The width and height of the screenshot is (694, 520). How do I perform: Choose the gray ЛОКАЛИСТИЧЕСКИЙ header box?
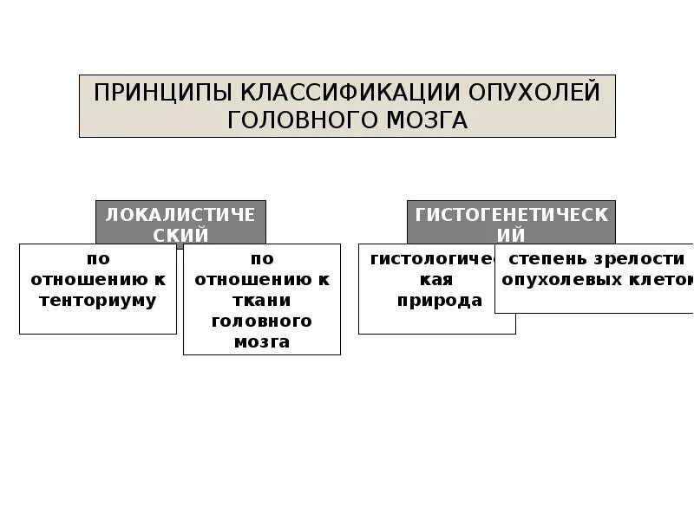pos(180,224)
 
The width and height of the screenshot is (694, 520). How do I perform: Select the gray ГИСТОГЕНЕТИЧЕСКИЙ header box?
pos(511,224)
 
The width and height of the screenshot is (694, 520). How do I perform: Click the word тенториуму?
pos(98,301)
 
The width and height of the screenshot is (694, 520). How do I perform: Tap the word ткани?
pos(262,301)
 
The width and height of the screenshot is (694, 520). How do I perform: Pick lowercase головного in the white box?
pos(262,321)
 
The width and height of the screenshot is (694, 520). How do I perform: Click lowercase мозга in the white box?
pos(262,341)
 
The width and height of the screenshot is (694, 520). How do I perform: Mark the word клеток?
pos(665,280)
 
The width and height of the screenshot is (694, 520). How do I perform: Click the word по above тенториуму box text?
pos(98,258)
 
